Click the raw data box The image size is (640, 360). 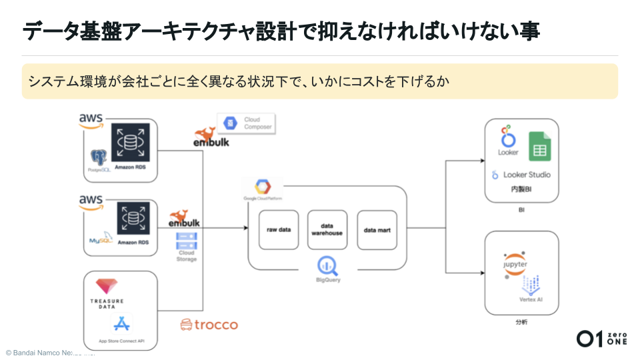coord(279,230)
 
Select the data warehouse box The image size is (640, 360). coord(327,230)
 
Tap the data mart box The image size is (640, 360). coord(377,230)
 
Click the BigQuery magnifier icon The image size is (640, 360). coord(327,265)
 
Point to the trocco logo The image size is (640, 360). coord(209,325)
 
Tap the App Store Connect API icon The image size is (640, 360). coord(121,324)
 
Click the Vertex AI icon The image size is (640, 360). coord(531,286)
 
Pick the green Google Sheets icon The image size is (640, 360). coord(539,147)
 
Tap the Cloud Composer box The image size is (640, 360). coord(245,123)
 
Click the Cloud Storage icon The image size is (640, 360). coord(186,241)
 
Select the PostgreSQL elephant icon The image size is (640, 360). coord(99,157)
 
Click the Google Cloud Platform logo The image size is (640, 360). coord(263,187)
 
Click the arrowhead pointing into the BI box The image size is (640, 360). coord(481,161)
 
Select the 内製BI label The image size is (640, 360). coord(521,189)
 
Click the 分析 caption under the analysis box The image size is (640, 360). coord(521,323)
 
